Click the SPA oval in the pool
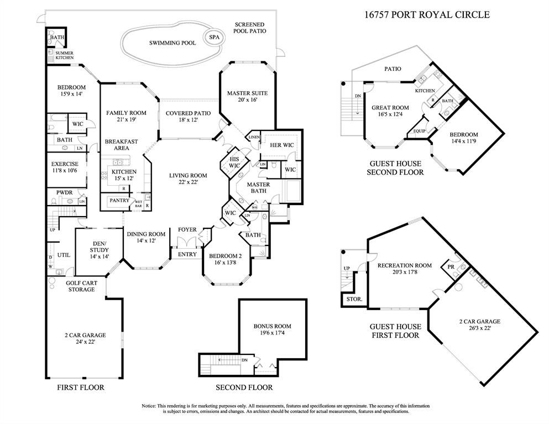pos(213,37)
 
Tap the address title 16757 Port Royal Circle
pos(426,15)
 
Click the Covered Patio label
pos(188,113)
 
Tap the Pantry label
pos(119,201)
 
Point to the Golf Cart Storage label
pos(81,286)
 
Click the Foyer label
pos(187,230)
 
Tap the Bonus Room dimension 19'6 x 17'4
pos(272,333)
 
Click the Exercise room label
pos(64,164)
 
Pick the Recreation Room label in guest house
pos(404,265)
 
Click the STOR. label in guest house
pos(354,299)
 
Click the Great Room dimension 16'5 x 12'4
pos(390,114)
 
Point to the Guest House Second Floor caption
pos(395,168)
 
